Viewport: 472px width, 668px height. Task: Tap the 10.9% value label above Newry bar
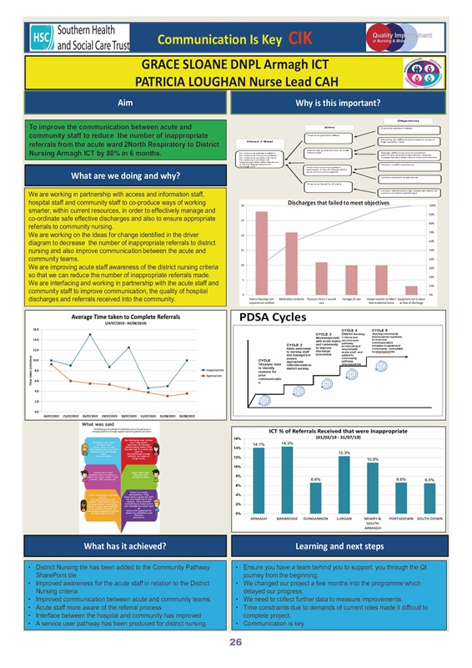point(374,459)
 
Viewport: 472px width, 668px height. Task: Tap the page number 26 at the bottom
point(236,642)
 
